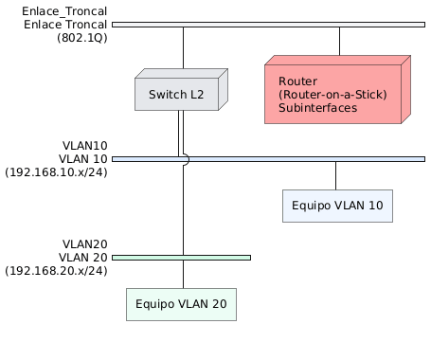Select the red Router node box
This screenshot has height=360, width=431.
click(x=335, y=95)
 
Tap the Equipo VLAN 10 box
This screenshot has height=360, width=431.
click(x=336, y=207)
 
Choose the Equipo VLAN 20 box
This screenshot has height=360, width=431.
click(x=181, y=304)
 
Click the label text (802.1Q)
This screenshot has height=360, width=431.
click(x=81, y=38)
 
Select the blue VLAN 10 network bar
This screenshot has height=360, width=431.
click(x=284, y=158)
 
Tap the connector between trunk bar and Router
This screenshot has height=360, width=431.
click(x=339, y=40)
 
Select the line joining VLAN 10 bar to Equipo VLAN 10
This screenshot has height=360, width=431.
click(x=336, y=175)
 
